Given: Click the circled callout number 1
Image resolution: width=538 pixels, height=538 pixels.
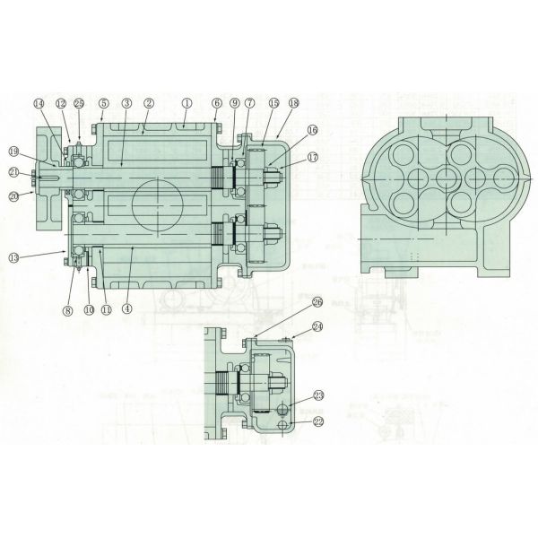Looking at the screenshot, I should click(186, 103).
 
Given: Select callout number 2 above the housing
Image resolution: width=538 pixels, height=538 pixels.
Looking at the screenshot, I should click(149, 103).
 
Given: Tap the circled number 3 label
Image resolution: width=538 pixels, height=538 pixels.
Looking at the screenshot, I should click(127, 103).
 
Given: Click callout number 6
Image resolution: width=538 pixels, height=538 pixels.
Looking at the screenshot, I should click(216, 103).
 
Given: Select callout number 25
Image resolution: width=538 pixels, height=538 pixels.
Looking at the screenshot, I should click(79, 103).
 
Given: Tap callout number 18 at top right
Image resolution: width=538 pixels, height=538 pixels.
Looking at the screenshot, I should click(293, 104).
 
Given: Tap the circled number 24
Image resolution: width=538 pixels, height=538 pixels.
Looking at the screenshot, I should click(317, 327).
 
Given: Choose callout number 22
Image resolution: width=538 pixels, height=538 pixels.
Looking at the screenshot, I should click(317, 419).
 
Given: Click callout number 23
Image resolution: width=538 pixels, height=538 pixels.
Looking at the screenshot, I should click(317, 395).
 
